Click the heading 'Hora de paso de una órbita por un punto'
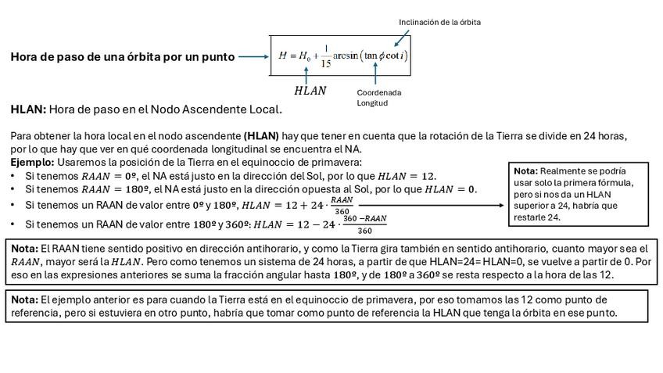pos(122,57)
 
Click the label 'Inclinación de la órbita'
pos(439,22)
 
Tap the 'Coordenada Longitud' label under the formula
pos(378,97)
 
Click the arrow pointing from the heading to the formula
pos(253,56)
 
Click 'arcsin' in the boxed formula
pos(346,56)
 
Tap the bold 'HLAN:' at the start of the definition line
pos(28,109)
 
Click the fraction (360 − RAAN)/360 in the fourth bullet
pos(365,224)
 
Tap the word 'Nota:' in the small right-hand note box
pos(525,170)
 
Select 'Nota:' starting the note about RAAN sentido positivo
pos(24,248)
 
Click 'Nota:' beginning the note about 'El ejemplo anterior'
pos(24,299)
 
